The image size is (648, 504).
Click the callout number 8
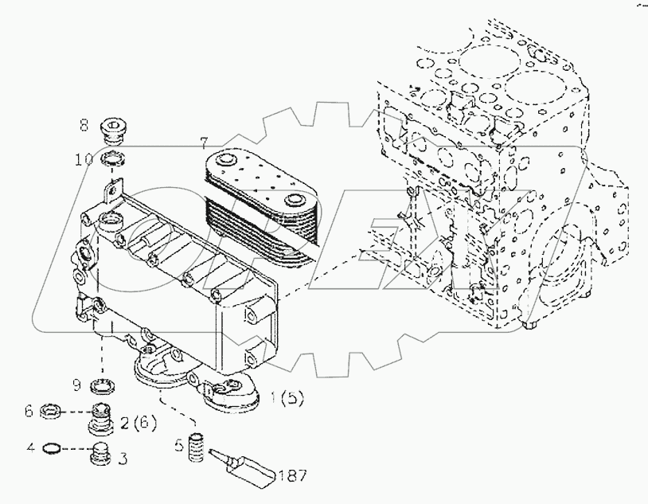click(83, 124)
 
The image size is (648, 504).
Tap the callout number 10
click(84, 159)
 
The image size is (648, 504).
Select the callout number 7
click(204, 143)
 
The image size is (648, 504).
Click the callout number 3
click(123, 458)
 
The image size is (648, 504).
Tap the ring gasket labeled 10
click(113, 159)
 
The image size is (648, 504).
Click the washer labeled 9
click(100, 387)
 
